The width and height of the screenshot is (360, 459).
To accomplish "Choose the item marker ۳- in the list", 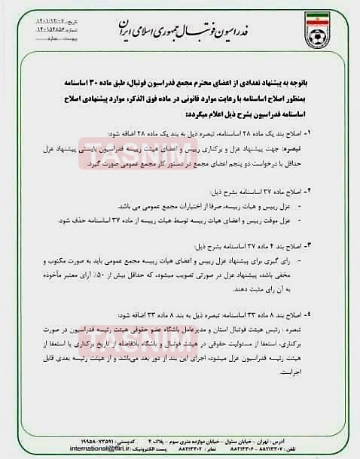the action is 333,245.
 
